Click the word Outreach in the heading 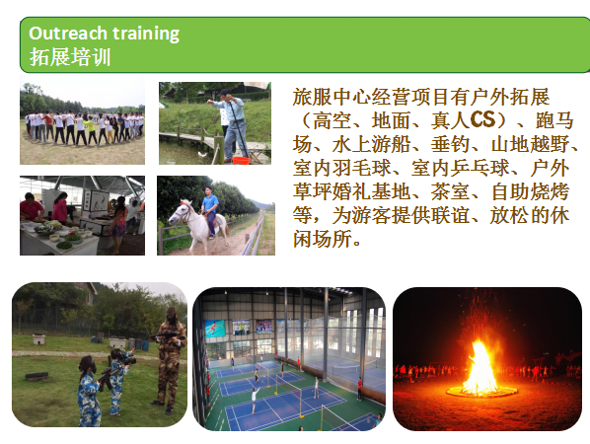(x=68, y=34)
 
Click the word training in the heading (x=146, y=34)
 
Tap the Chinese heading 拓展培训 (x=70, y=57)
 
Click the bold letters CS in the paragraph (x=482, y=119)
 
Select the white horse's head (x=178, y=213)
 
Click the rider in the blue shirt (x=210, y=211)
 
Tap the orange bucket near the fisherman (x=241, y=161)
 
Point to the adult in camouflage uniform (x=171, y=360)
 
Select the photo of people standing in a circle (x=82, y=120)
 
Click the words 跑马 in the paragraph (x=554, y=120)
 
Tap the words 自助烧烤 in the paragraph (x=530, y=191)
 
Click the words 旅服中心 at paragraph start (x=332, y=97)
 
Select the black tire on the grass (x=37, y=376)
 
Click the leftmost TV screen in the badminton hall (x=215, y=329)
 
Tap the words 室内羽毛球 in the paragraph (x=341, y=168)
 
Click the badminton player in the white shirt (x=256, y=400)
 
